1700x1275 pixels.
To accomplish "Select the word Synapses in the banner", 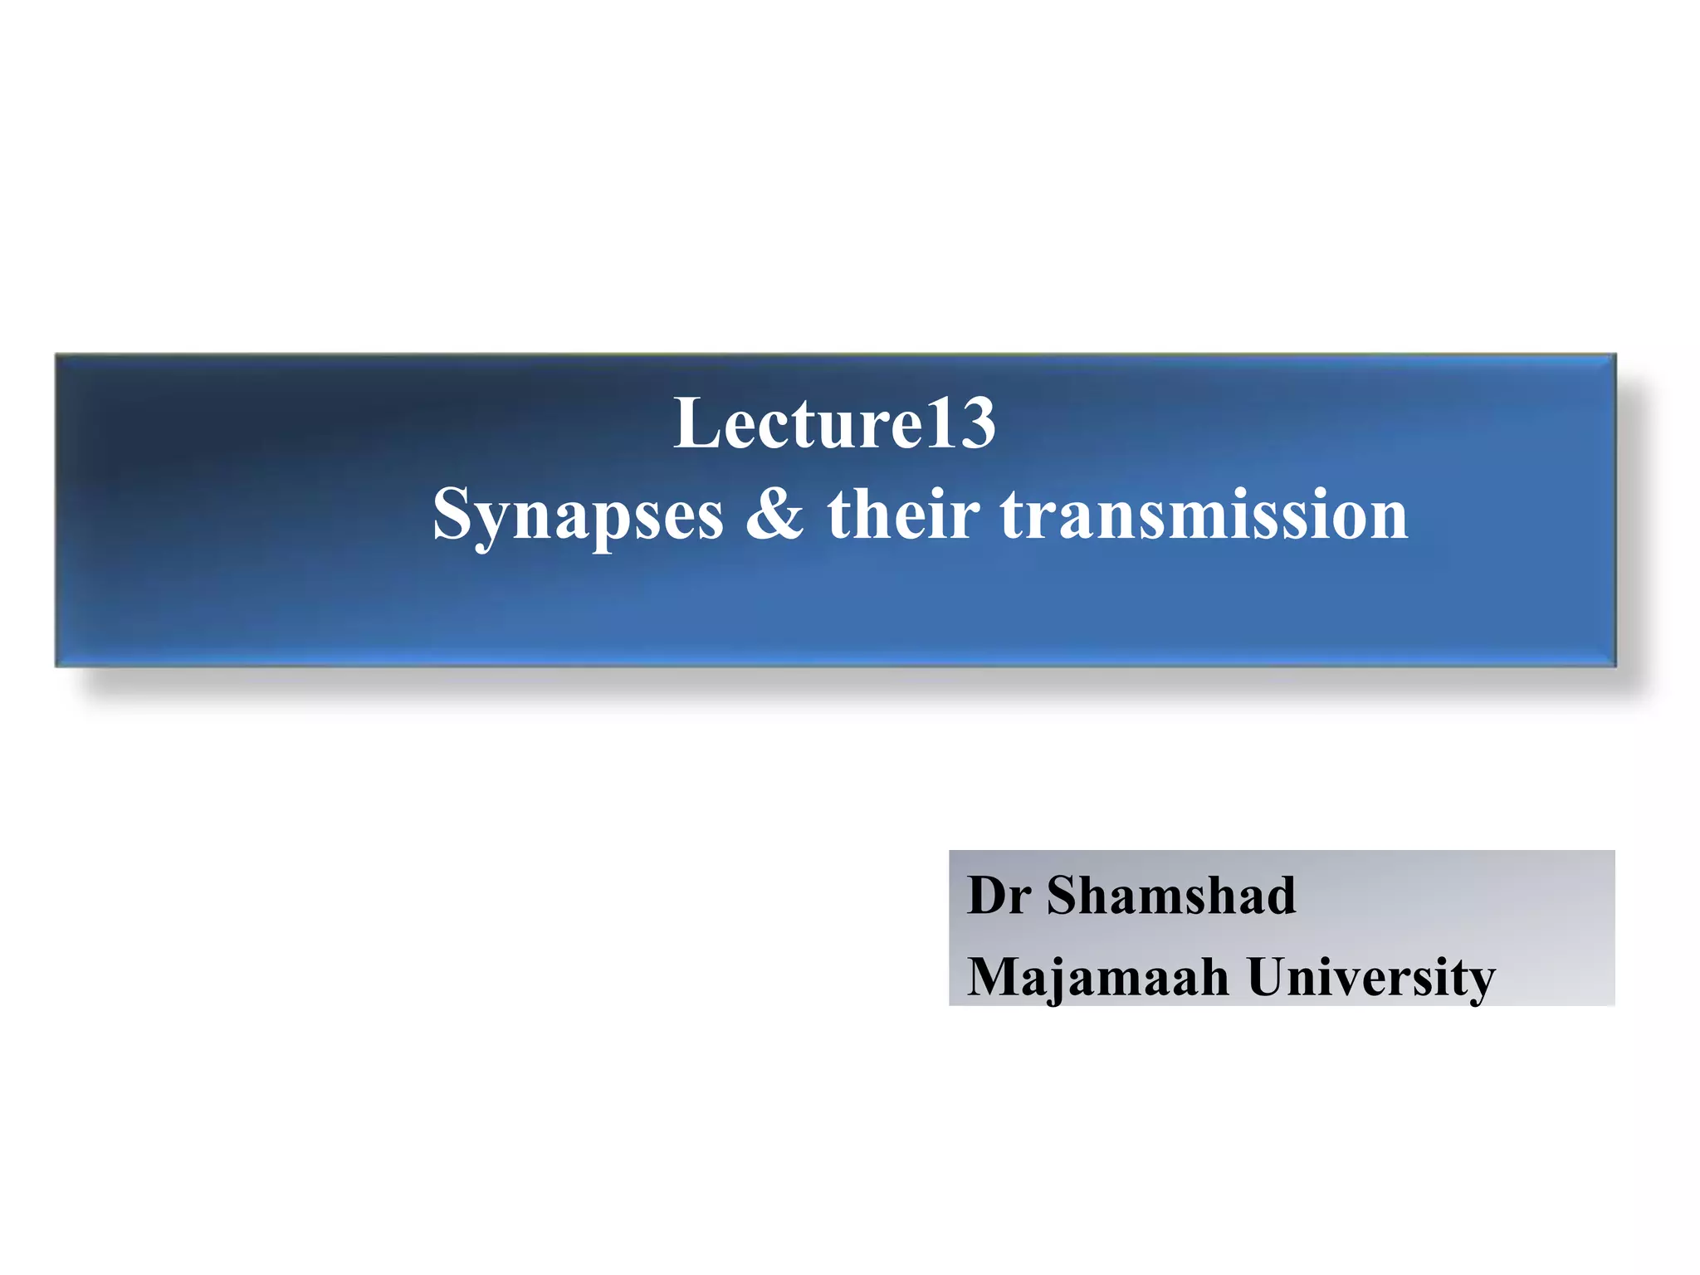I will click(x=578, y=515).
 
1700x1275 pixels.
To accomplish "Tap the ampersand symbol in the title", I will click(x=774, y=515).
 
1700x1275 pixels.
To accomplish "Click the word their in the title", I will click(x=903, y=515).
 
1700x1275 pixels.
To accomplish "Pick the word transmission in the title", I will click(x=1204, y=515).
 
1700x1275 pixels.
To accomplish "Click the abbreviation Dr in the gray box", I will click(x=999, y=896).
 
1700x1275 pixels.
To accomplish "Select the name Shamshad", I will click(x=1170, y=896).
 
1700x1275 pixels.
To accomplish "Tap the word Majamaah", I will click(x=1097, y=977).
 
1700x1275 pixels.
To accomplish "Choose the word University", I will click(x=1370, y=977).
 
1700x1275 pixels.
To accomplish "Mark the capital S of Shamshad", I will click(x=1064, y=896).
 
